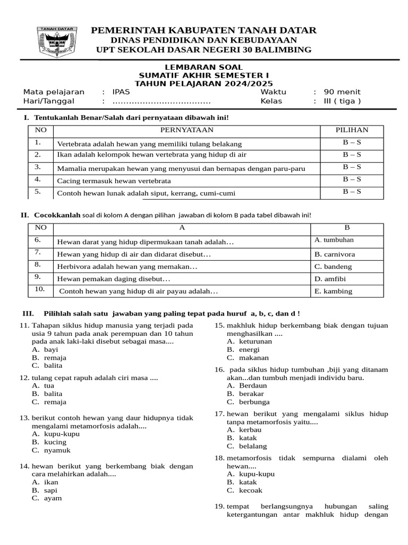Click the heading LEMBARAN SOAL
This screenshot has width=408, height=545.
tap(203, 67)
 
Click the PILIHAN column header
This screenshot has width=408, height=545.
tap(351, 130)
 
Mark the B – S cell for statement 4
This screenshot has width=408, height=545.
tap(351, 179)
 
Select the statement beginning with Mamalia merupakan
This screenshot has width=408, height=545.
tap(181, 169)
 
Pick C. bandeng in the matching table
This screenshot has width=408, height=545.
tap(333, 267)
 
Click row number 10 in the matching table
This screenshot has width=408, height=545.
tap(39, 289)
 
